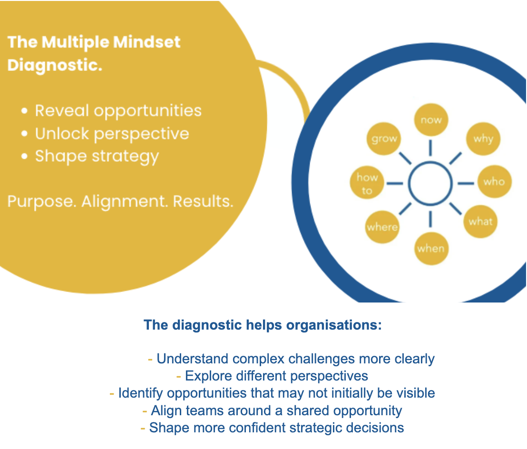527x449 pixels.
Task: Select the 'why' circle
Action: (x=483, y=139)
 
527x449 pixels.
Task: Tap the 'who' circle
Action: (x=494, y=182)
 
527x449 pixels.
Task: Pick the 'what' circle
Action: (x=480, y=221)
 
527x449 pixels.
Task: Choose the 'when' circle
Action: (x=430, y=248)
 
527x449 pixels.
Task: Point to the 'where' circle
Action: (x=382, y=227)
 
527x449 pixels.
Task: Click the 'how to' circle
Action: (x=367, y=184)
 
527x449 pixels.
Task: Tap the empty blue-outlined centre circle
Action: (x=430, y=184)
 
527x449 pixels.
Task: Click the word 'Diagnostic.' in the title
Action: (x=55, y=65)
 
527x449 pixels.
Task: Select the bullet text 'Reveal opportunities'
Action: (x=118, y=111)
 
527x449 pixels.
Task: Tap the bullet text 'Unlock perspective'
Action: (x=112, y=134)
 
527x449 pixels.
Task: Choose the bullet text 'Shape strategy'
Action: (x=97, y=156)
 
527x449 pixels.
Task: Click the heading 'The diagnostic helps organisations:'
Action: (x=263, y=326)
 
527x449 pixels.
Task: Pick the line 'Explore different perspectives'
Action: (x=276, y=376)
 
